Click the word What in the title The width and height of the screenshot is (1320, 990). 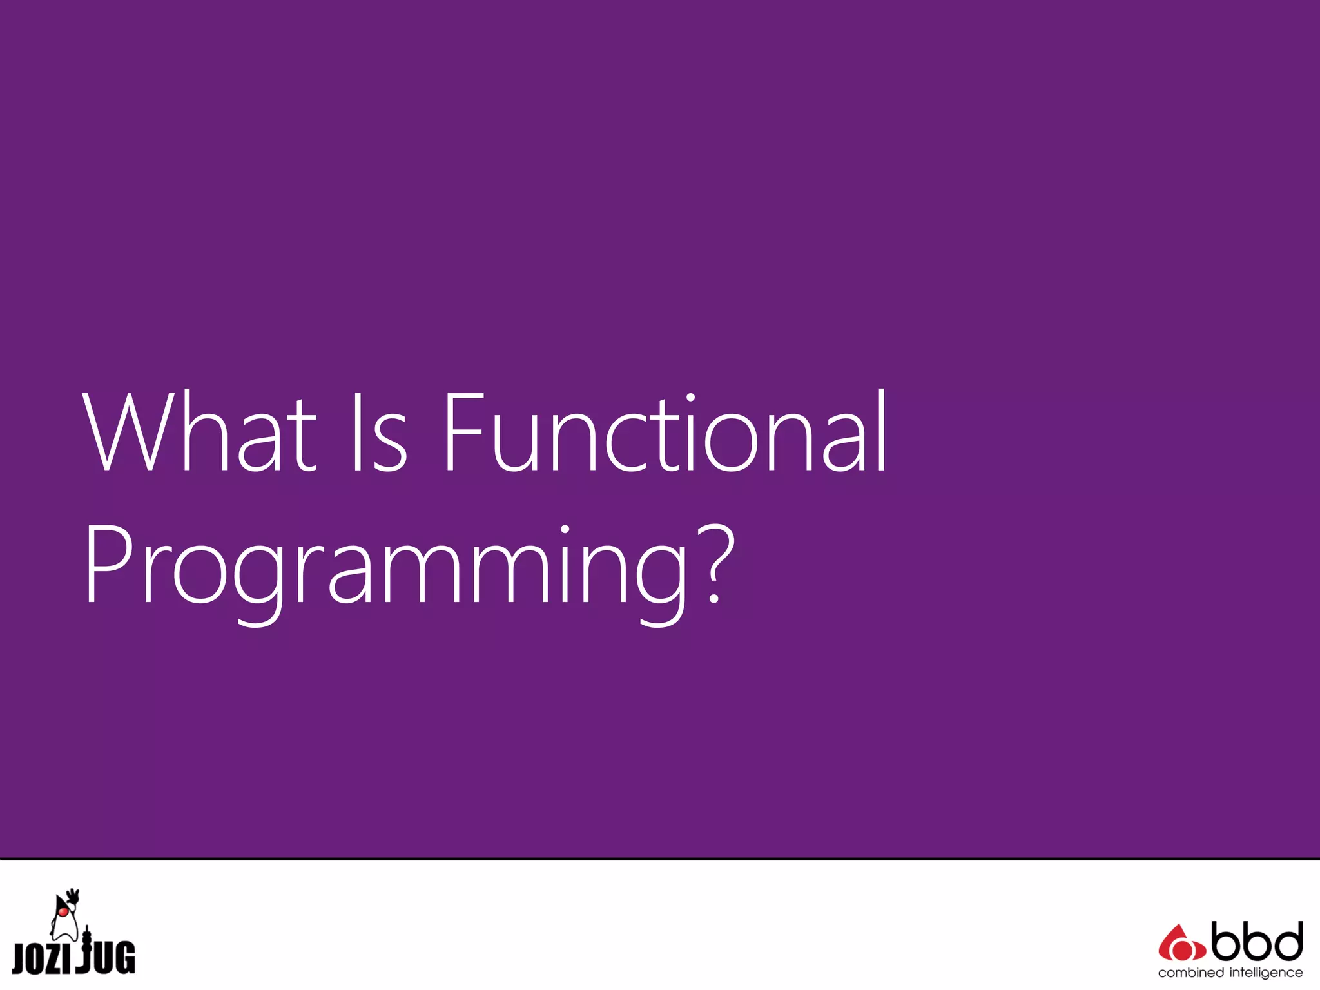pos(200,432)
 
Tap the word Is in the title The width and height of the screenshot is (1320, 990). pos(379,432)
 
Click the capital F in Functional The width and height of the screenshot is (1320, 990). pos(463,432)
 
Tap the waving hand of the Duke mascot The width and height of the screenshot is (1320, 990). pos(73,895)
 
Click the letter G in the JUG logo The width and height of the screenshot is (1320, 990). pos(124,957)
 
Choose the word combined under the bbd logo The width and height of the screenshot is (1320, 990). pos(1190,973)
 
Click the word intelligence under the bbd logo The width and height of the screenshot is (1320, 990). pos(1266,973)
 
